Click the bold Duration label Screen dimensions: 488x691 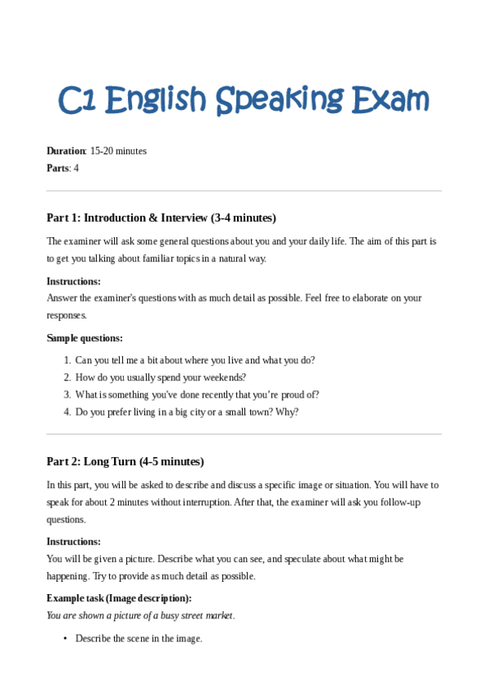(65, 151)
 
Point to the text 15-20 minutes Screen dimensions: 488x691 (118, 151)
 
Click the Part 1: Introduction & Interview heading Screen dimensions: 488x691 (161, 218)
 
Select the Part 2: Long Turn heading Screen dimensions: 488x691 (125, 461)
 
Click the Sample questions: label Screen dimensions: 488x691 (85, 338)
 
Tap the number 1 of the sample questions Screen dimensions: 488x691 (67, 360)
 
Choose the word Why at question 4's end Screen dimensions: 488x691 (287, 412)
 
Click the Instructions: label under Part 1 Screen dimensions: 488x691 (73, 281)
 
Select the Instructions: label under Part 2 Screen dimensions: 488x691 (73, 541)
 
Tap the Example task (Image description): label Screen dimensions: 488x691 (119, 598)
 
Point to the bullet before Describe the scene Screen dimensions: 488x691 (65, 639)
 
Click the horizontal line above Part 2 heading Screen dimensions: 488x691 (244, 434)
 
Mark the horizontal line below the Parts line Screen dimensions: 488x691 (244, 191)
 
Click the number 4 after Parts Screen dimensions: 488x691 (76, 168)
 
